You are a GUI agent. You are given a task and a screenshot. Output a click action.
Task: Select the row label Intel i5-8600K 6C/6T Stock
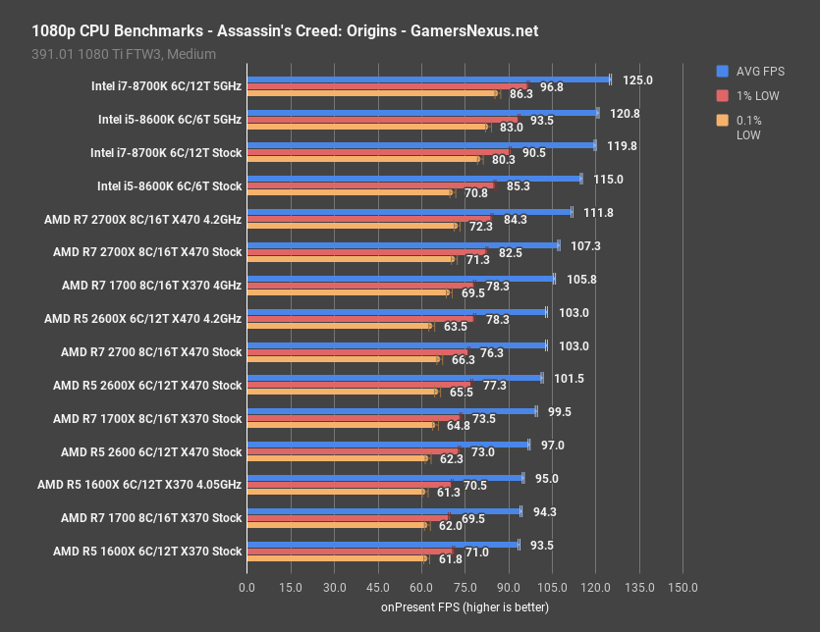[x=169, y=185]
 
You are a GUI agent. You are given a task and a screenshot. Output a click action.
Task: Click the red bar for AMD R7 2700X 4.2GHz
[x=368, y=220]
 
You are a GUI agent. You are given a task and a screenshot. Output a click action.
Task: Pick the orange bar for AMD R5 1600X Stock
[x=336, y=558]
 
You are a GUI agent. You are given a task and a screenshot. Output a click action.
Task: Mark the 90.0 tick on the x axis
[x=509, y=587]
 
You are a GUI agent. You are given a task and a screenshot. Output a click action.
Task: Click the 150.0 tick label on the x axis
[x=683, y=587]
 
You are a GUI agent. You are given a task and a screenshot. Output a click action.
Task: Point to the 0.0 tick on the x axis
[x=246, y=587]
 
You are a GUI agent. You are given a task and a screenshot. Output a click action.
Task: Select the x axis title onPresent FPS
[x=465, y=607]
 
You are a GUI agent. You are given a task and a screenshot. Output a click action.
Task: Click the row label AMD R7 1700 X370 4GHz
[x=151, y=286]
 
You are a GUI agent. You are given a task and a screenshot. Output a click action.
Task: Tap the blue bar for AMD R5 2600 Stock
[x=387, y=445]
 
